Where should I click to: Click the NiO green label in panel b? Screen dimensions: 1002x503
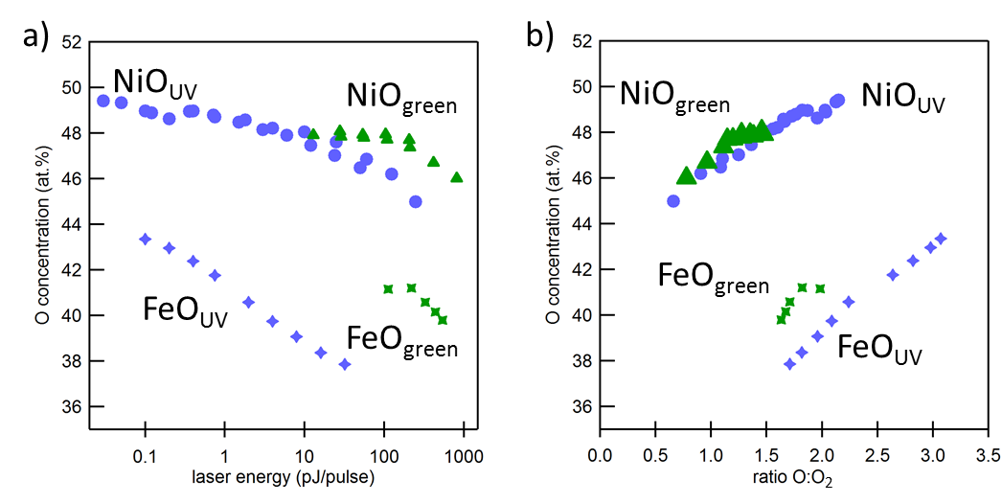[674, 98]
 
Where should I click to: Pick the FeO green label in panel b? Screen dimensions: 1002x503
[713, 280]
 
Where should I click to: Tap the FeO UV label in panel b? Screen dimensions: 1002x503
[880, 351]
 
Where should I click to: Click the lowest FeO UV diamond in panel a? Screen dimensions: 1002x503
[345, 364]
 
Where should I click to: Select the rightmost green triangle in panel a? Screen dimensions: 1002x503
[456, 177]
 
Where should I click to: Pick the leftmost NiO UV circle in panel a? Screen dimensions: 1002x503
[103, 101]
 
